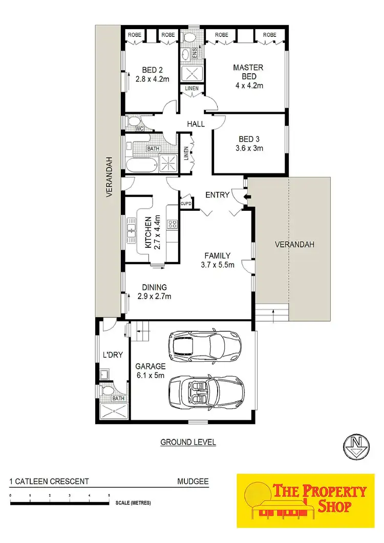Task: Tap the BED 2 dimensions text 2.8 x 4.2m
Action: pyautogui.click(x=152, y=79)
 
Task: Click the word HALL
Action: pyautogui.click(x=196, y=124)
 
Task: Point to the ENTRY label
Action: pyautogui.click(x=217, y=194)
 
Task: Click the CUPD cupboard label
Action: pyautogui.click(x=186, y=204)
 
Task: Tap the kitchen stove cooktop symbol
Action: pyautogui.click(x=173, y=224)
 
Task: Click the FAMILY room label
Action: pyautogui.click(x=217, y=256)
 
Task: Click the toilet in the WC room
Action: pyautogui.click(x=134, y=121)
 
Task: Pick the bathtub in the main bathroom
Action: pyautogui.click(x=141, y=165)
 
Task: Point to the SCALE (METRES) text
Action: pyautogui.click(x=133, y=503)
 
